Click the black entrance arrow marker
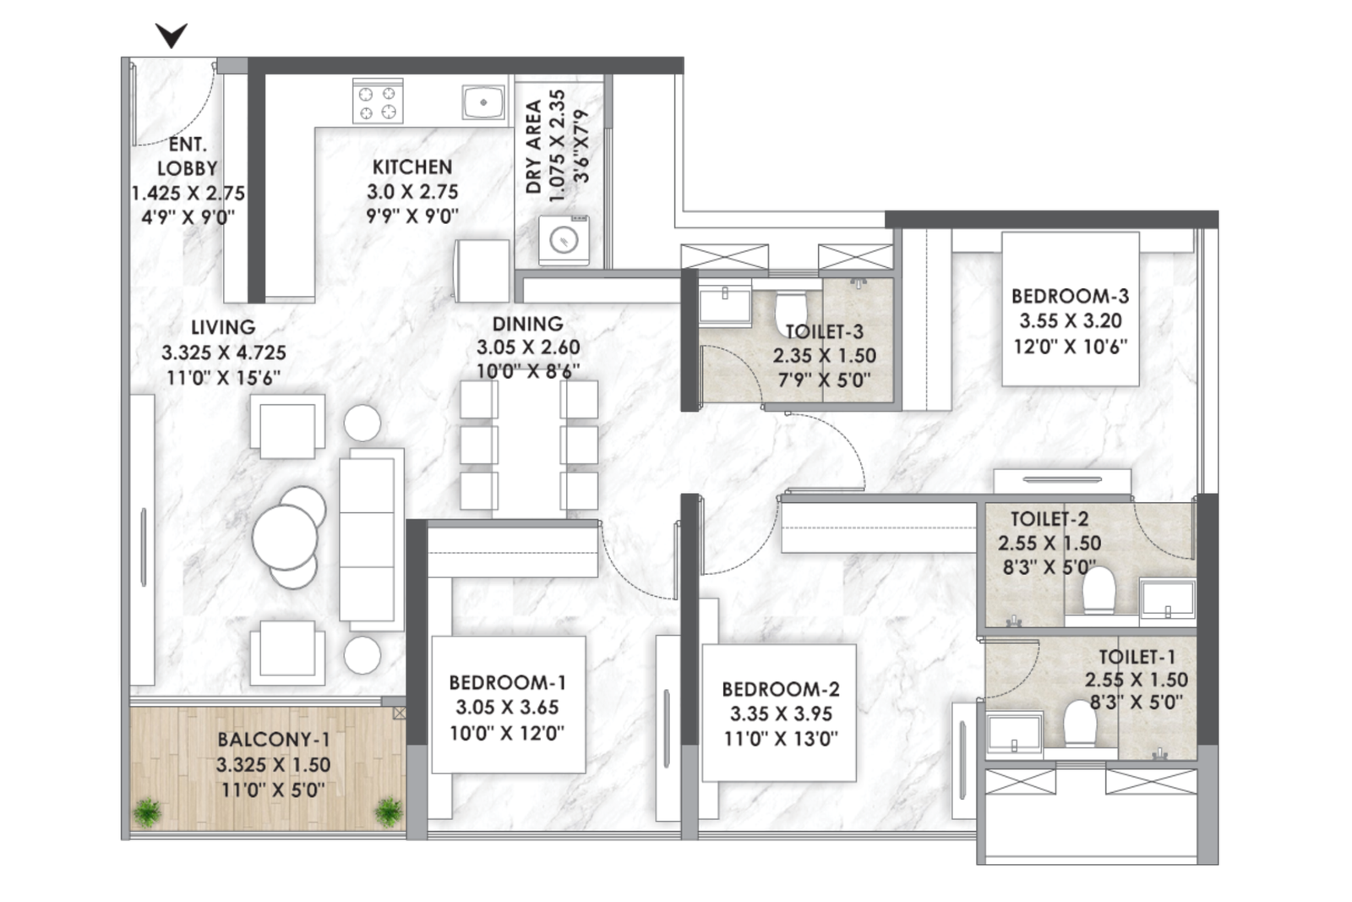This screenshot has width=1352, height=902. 172,35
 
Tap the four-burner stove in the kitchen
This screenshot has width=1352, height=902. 378,101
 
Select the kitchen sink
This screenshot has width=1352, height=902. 483,102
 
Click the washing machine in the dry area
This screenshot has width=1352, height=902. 564,240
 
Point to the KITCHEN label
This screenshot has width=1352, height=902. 412,167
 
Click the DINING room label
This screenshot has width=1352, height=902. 527,325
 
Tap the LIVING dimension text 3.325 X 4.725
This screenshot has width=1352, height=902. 223,353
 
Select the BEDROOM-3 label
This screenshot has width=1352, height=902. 1070,296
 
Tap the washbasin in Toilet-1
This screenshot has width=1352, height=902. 1014,734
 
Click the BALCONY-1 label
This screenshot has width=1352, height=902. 274,740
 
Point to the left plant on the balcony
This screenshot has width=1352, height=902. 147,812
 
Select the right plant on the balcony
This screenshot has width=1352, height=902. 389,812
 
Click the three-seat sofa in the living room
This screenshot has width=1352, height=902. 371,539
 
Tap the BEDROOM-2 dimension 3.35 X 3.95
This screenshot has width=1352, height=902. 781,714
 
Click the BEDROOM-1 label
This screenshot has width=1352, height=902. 508,683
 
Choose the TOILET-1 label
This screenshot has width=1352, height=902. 1137,657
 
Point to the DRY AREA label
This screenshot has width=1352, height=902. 533,147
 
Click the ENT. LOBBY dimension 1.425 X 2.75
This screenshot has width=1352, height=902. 188,194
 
